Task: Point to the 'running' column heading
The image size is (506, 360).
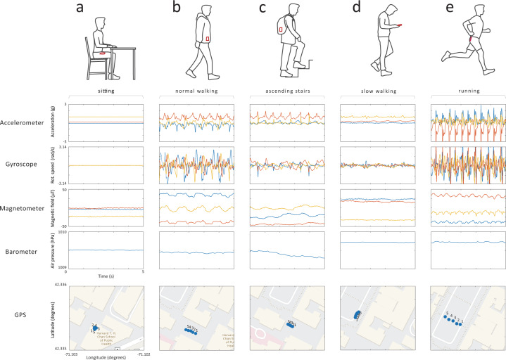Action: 463,92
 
